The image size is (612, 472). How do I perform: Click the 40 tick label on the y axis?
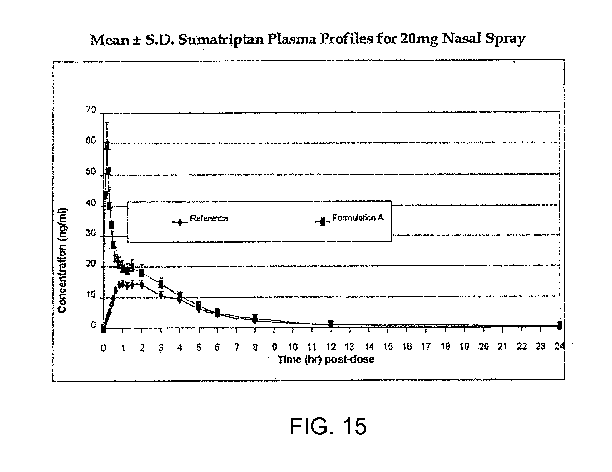click(x=91, y=203)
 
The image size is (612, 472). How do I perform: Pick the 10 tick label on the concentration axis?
click(x=91, y=295)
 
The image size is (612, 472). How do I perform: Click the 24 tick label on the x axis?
click(x=559, y=347)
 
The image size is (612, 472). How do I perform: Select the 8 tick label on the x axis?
click(x=255, y=347)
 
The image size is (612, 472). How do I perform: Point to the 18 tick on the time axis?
click(x=445, y=347)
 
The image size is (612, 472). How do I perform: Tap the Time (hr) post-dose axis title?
click(x=326, y=360)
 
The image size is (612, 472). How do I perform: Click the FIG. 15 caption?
click(x=328, y=426)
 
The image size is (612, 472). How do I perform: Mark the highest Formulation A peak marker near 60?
click(x=107, y=146)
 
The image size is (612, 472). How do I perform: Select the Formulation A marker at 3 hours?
click(x=161, y=284)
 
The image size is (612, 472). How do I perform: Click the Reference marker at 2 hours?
click(x=142, y=285)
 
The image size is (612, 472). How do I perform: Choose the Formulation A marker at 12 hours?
click(x=331, y=324)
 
